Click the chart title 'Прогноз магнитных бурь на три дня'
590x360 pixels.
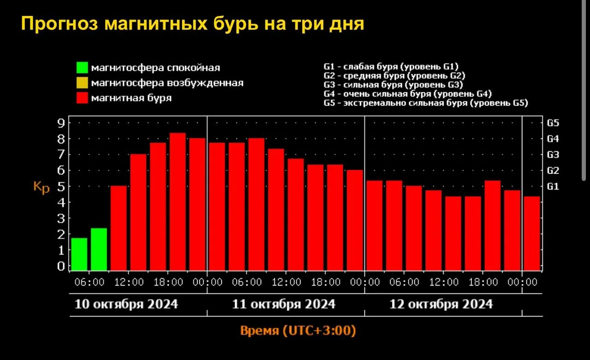click(x=192, y=24)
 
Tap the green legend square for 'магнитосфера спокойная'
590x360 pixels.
click(x=82, y=68)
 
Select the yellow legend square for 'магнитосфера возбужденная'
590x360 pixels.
click(x=82, y=83)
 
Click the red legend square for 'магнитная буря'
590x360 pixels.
click(x=82, y=98)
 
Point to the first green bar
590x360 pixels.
click(x=79, y=254)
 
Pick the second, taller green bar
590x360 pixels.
click(x=99, y=249)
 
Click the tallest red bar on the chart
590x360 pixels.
click(x=177, y=201)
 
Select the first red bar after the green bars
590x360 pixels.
click(x=118, y=228)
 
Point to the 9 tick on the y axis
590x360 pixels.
click(x=60, y=123)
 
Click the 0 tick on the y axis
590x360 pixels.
click(x=60, y=266)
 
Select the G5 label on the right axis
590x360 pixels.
click(x=553, y=123)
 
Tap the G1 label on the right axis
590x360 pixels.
click(x=553, y=187)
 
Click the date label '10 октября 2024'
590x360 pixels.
click(x=127, y=304)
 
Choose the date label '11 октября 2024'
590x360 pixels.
click(x=284, y=304)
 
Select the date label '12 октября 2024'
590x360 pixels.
click(x=441, y=304)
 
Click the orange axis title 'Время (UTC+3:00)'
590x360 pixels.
click(x=298, y=330)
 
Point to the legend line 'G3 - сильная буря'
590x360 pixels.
click(x=393, y=85)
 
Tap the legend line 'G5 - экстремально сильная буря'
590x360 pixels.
click(x=425, y=103)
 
